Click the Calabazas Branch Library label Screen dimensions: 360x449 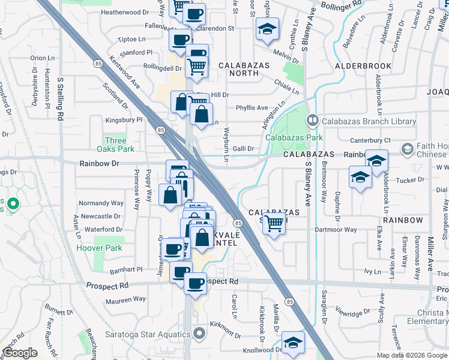pos(369,121)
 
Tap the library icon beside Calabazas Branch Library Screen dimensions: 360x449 pos(312,121)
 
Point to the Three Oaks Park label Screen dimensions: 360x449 pos(116,144)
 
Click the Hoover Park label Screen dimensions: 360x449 pos(99,248)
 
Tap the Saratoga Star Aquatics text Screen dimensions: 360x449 pos(154,332)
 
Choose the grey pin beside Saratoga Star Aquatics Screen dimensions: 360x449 pos(200,332)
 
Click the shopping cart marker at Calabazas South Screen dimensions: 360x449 pos(274,224)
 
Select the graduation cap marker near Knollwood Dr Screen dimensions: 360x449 pos(292,343)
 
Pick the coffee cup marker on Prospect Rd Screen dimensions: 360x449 pos(195,284)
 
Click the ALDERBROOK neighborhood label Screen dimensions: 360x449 pos(363,66)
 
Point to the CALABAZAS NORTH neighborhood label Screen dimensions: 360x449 pos(238,68)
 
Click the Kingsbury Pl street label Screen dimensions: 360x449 pos(123,120)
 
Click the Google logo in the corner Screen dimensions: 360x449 pos(20,353)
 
